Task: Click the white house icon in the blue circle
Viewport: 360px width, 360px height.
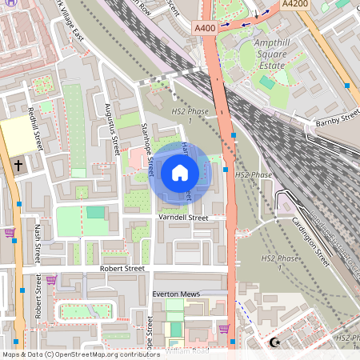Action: pyautogui.click(x=179, y=172)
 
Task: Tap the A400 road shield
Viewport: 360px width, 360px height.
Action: pyautogui.click(x=205, y=29)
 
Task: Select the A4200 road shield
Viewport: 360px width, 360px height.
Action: pyautogui.click(x=295, y=4)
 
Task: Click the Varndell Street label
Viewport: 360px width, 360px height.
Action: pyautogui.click(x=182, y=218)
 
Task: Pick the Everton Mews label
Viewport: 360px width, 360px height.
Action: pyautogui.click(x=176, y=294)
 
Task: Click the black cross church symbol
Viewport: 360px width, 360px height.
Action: pyautogui.click(x=18, y=166)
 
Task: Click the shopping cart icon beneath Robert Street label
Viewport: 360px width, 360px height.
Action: pyautogui.click(x=51, y=280)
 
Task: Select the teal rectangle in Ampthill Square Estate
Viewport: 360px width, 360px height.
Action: pyautogui.click(x=267, y=81)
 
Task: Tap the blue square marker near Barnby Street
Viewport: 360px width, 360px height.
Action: pyautogui.click(x=346, y=85)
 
